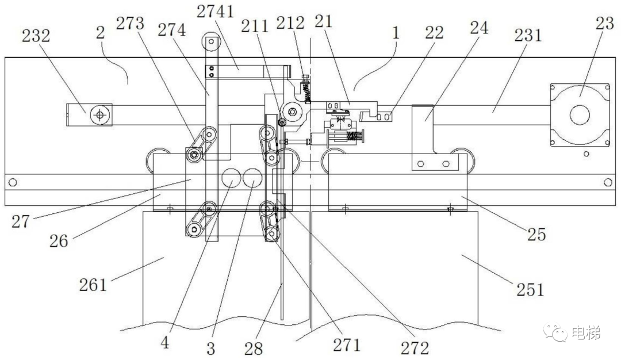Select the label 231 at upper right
(528, 36)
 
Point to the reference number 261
(93, 284)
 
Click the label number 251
(530, 289)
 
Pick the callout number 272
(415, 347)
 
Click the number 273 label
(132, 24)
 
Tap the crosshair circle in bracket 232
(101, 114)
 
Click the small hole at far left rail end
(11, 182)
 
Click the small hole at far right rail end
(608, 182)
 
